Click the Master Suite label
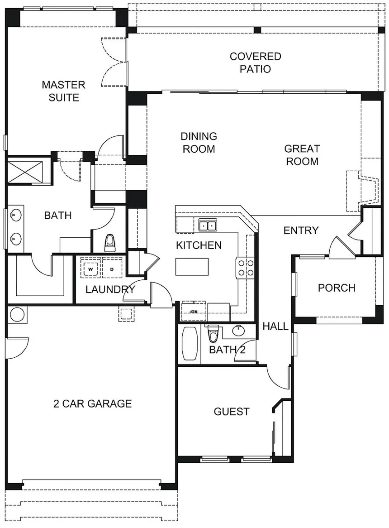point(63,91)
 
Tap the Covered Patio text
point(256,62)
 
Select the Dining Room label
point(199,143)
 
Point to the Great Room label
point(302,155)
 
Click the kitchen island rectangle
point(192,267)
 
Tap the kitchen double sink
point(208,225)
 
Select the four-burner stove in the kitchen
point(246,268)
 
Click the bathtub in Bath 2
point(189,344)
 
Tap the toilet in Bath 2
point(213,333)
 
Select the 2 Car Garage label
point(92,403)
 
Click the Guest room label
point(232,412)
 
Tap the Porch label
point(337,288)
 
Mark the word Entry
point(301,230)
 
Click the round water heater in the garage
point(17,315)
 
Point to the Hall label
point(275,326)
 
